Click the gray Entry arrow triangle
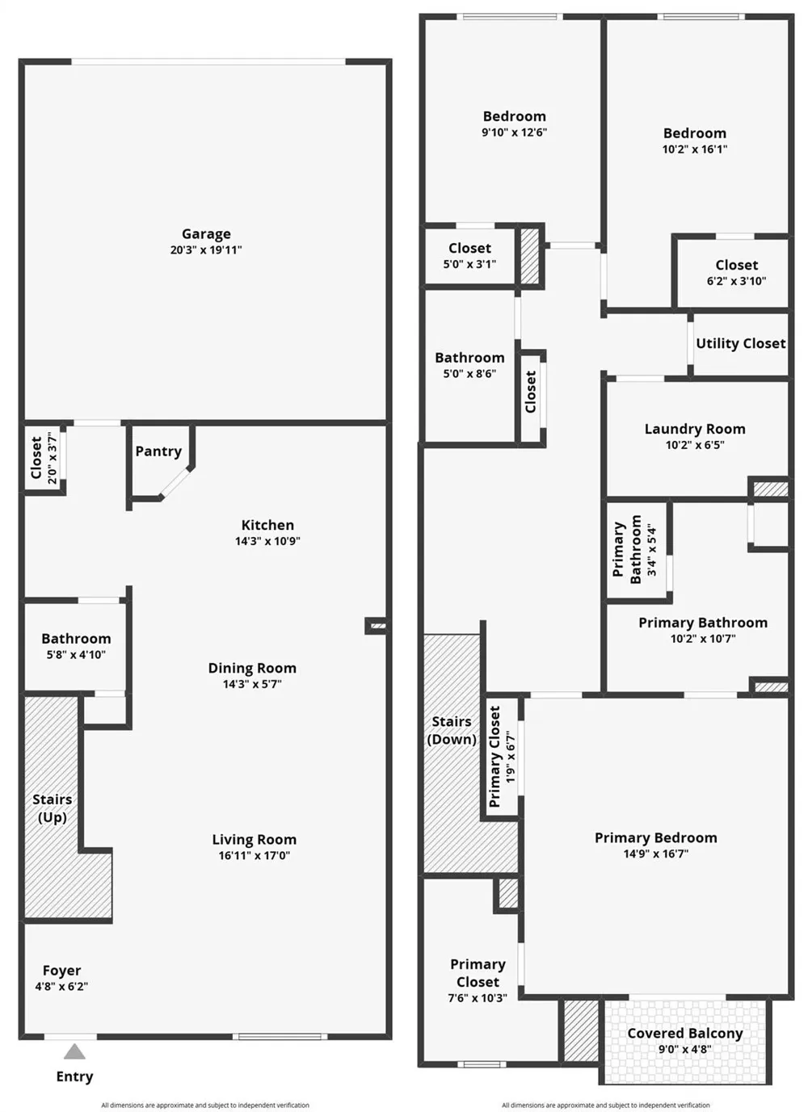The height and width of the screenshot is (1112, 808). (x=74, y=1051)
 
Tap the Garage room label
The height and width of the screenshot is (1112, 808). (x=206, y=234)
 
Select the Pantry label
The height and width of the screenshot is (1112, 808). (x=158, y=451)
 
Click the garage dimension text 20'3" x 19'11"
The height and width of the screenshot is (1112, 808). (x=206, y=250)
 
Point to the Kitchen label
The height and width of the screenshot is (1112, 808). (x=267, y=525)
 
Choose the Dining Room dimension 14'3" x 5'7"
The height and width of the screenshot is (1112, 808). (x=252, y=684)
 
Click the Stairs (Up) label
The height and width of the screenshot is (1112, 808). (x=53, y=808)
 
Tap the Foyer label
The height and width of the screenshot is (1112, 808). (x=61, y=970)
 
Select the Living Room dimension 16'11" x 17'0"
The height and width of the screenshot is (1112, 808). (x=255, y=855)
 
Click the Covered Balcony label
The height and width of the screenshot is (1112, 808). (x=685, y=1033)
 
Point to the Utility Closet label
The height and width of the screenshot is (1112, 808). (x=740, y=343)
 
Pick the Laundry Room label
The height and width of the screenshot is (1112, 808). (x=695, y=429)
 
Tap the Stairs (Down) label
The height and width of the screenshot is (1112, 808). (x=452, y=730)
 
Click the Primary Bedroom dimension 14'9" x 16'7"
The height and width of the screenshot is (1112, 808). (x=656, y=854)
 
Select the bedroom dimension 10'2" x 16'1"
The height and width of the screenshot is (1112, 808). (x=695, y=149)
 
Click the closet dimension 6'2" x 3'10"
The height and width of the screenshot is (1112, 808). (x=736, y=281)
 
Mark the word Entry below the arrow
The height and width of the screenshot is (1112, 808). (x=74, y=1076)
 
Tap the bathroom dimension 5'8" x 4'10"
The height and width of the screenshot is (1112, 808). (x=76, y=655)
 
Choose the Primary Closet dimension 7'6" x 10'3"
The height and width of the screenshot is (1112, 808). (x=478, y=998)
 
